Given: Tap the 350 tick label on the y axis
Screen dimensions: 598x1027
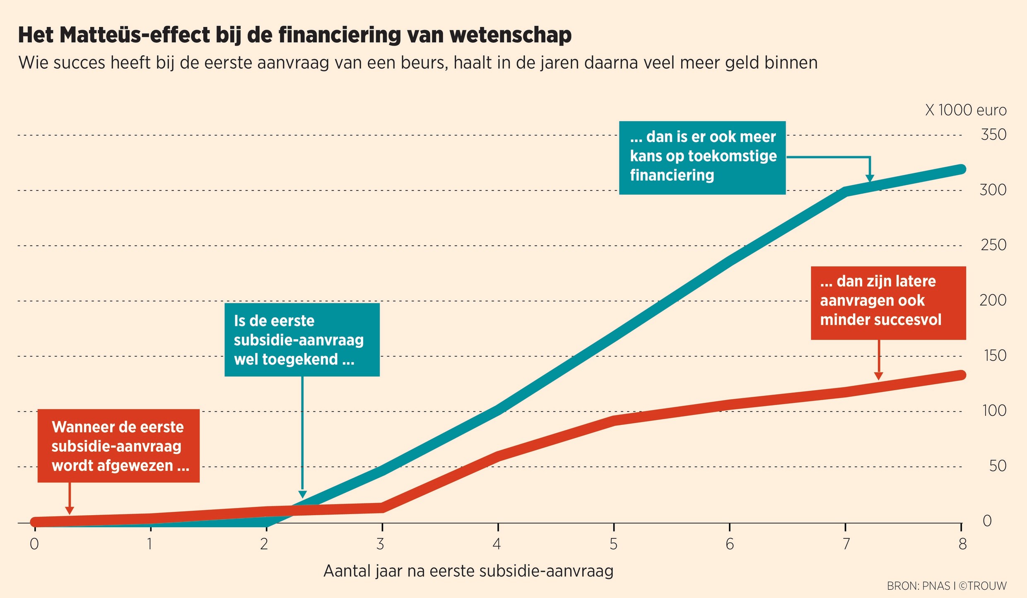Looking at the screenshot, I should (x=993, y=135).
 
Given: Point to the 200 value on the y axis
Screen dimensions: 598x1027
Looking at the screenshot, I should (x=993, y=300).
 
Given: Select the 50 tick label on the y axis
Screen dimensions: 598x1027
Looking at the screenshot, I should (x=998, y=466).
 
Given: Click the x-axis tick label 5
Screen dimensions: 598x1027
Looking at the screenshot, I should (x=613, y=544).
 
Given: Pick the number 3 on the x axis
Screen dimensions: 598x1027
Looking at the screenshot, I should (x=381, y=544).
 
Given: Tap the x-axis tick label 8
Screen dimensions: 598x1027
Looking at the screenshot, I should (x=962, y=544).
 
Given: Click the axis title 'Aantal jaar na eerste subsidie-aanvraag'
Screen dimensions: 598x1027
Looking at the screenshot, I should (x=468, y=571).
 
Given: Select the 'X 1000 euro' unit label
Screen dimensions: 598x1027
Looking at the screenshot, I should (x=966, y=110).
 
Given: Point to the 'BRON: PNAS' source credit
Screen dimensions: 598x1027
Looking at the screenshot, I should (x=918, y=586).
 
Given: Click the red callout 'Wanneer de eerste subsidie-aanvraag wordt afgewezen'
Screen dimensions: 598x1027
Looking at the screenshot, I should (x=118, y=446).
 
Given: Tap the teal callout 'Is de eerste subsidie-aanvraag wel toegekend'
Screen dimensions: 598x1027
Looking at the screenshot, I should (x=302, y=340).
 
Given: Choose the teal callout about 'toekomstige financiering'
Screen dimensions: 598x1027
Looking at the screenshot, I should (x=702, y=158).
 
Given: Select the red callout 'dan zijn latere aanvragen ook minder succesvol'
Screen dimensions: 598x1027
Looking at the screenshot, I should (x=888, y=303).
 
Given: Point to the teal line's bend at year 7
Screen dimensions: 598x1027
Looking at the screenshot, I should (x=845, y=191).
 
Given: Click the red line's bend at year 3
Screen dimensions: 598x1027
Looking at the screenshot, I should (x=382, y=507).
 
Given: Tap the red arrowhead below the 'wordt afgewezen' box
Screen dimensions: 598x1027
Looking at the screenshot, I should (x=70, y=510).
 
